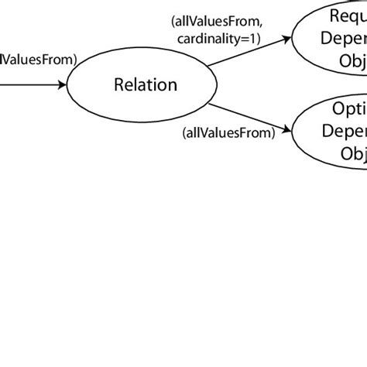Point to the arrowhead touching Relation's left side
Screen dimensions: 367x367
coord(63,84)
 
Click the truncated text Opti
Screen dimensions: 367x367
coord(345,88)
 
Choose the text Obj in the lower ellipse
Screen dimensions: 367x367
coord(352,131)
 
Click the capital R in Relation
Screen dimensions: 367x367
coord(119,84)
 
